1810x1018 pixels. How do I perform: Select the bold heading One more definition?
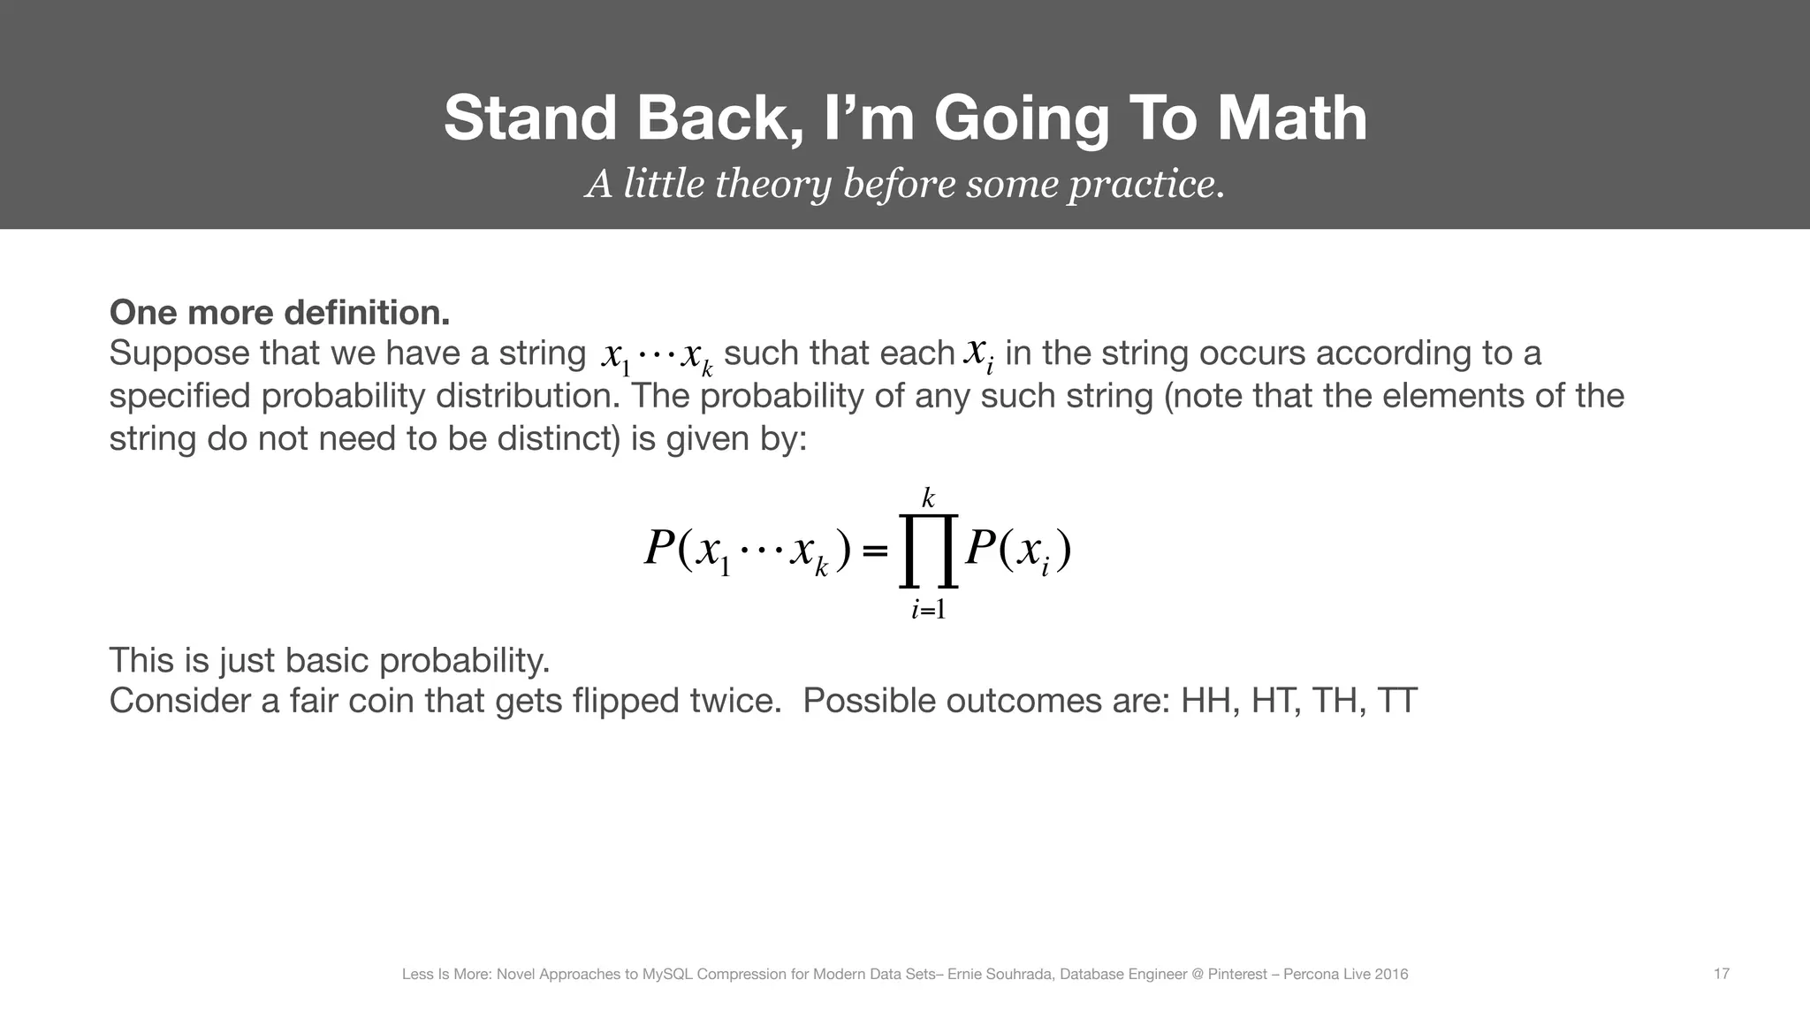pyautogui.click(x=279, y=312)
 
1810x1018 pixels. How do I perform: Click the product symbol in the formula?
pyautogui.click(x=928, y=551)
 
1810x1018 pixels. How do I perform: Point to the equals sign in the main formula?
pyautogui.click(x=874, y=551)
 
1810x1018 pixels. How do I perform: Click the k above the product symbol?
pyautogui.click(x=928, y=499)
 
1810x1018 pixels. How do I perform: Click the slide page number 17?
pyautogui.click(x=1721, y=974)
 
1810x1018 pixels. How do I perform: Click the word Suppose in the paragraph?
pyautogui.click(x=179, y=353)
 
